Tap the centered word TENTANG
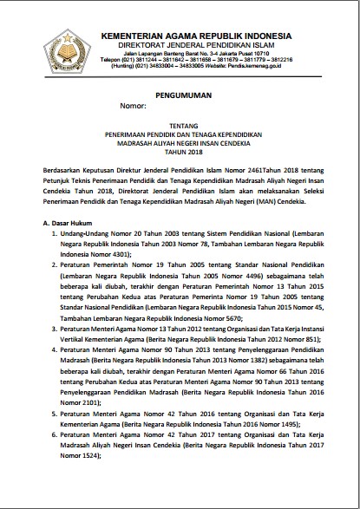(180, 124)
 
